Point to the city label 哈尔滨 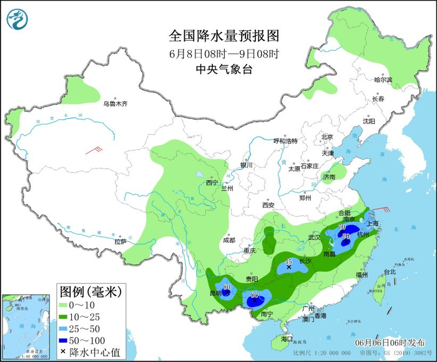[x=383, y=80]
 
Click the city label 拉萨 [x=120, y=241]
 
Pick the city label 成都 [x=228, y=240]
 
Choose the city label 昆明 [x=215, y=293]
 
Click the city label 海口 [x=287, y=338]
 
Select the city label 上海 [x=375, y=223]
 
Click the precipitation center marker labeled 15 [x=288, y=268]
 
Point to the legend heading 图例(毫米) [x=91, y=291]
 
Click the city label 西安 [x=268, y=204]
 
